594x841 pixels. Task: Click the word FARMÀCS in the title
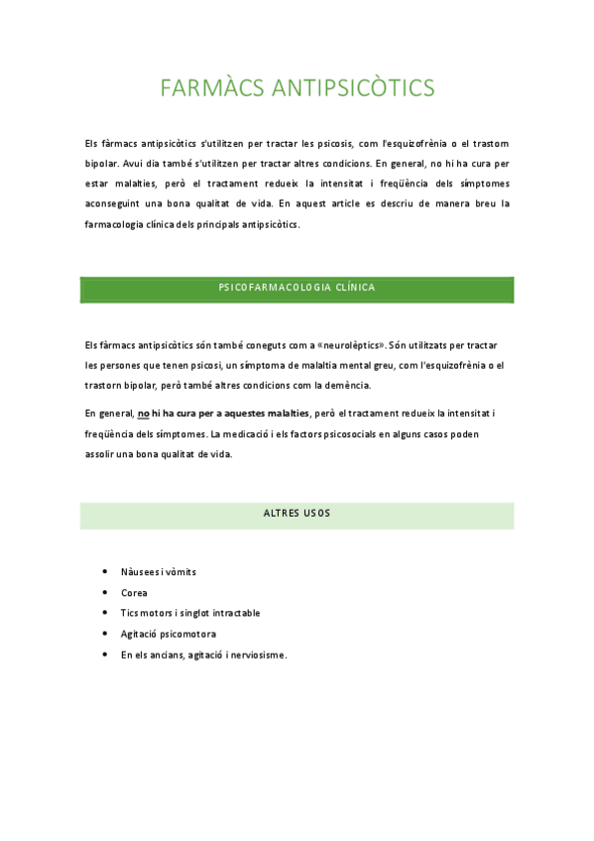tap(207, 88)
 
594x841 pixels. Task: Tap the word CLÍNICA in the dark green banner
tap(355, 288)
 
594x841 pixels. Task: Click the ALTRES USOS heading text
tap(297, 514)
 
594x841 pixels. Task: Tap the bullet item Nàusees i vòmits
tap(159, 572)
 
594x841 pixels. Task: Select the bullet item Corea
tap(134, 593)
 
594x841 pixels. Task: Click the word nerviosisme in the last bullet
tap(257, 655)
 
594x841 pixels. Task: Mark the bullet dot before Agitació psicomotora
tap(105, 634)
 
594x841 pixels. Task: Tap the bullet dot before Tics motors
tap(105, 613)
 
